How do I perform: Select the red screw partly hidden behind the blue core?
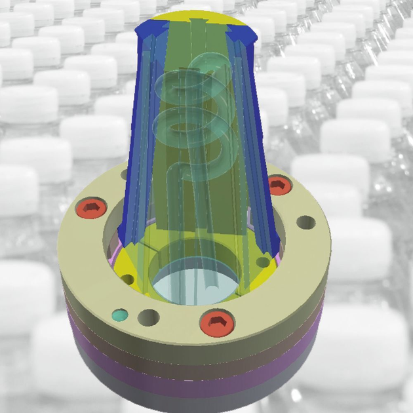click(x=279, y=185)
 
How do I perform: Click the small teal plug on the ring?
click(x=119, y=315)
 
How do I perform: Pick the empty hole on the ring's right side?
click(x=305, y=222)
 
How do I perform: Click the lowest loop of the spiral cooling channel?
click(x=190, y=164)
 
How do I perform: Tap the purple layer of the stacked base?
click(x=197, y=380)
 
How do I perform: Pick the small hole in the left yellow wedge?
click(x=128, y=279)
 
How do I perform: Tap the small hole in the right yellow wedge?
click(x=263, y=262)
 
